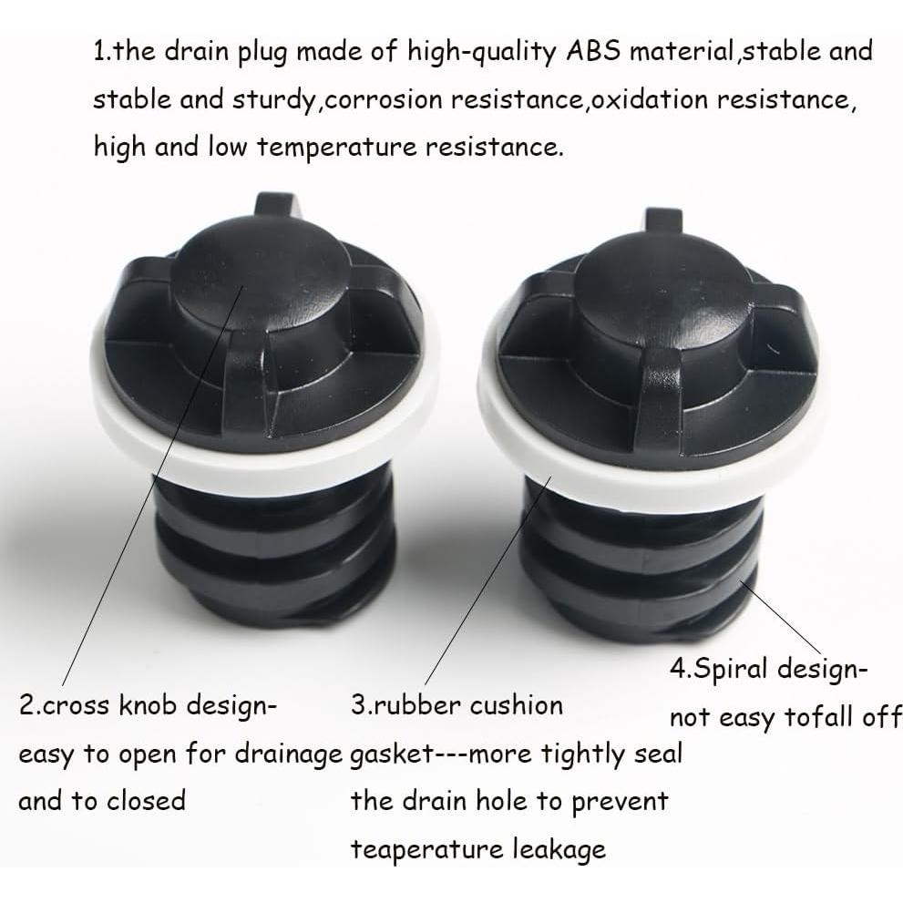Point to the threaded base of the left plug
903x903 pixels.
tap(273, 556)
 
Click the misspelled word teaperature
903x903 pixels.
tap(428, 849)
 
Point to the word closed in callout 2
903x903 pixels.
tap(146, 802)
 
